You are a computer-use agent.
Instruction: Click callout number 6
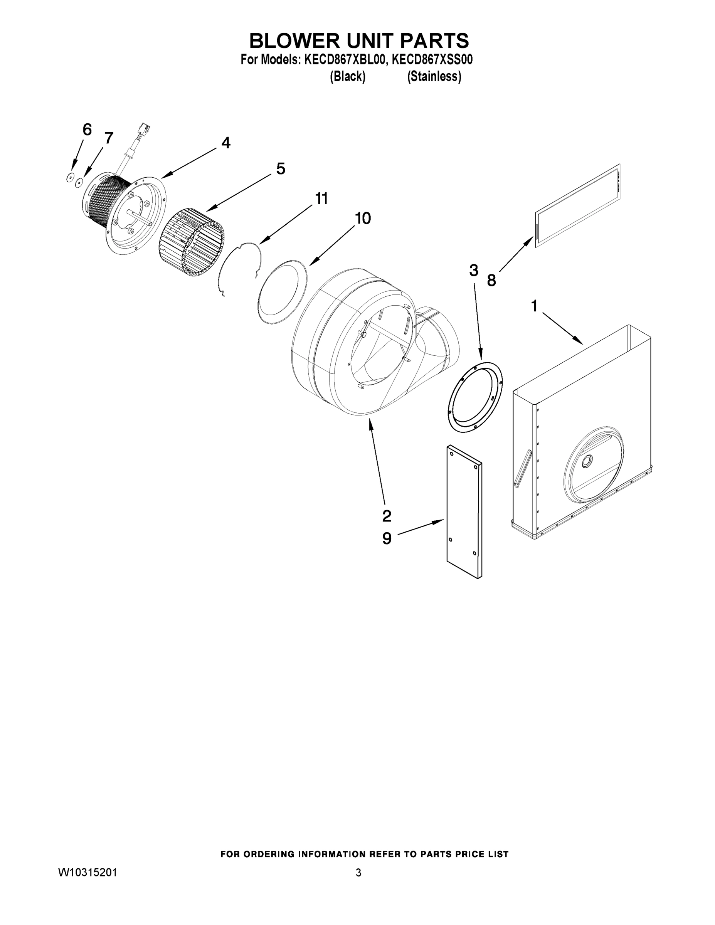pos(87,129)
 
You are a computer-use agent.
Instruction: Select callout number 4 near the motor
pos(226,143)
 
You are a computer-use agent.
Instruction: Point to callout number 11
pos(321,198)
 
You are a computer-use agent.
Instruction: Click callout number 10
pos(363,219)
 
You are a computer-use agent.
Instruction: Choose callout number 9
pos(387,538)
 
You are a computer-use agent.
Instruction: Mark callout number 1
pos(534,305)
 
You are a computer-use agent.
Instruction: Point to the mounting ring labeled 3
pos(475,397)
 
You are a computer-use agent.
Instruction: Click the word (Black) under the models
pos(347,77)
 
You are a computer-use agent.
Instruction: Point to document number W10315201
pos(87,873)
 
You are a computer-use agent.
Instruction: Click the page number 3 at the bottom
pos(358,873)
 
